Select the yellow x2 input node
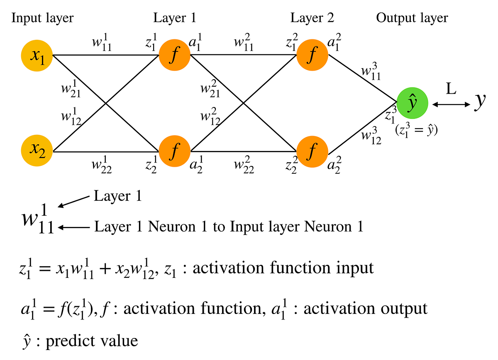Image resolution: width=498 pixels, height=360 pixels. (37, 152)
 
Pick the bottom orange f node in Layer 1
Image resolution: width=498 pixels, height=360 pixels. (174, 152)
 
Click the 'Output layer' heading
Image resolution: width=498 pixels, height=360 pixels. (412, 18)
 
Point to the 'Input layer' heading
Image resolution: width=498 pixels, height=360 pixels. (42, 18)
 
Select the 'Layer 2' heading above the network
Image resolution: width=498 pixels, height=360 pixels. (312, 18)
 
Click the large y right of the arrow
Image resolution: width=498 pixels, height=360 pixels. (480, 101)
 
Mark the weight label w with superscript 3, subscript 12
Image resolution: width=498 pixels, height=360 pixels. (371, 136)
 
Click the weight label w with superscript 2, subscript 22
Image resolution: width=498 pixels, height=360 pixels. (244, 167)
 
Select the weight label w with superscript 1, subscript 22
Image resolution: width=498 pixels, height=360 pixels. (102, 167)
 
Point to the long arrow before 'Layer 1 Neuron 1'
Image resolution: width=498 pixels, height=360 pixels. (75, 227)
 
